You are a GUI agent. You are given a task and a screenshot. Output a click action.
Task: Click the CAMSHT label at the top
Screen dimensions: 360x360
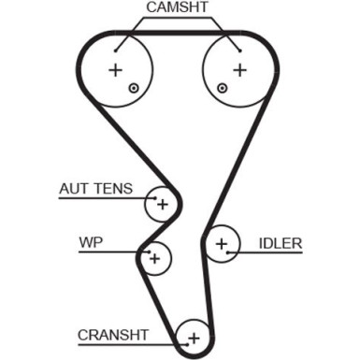click(178, 8)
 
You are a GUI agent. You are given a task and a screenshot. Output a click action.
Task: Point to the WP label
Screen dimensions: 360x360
click(90, 243)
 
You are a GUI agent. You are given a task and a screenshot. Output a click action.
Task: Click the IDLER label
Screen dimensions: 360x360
click(281, 244)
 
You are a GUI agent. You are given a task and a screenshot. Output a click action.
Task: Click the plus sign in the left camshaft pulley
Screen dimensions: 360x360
click(115, 70)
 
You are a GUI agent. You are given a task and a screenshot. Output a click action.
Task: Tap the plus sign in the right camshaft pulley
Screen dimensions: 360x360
click(239, 70)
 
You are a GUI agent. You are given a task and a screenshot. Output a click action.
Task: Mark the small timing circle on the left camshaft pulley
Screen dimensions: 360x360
click(134, 89)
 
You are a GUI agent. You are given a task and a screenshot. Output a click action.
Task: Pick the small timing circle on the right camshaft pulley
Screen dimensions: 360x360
click(222, 89)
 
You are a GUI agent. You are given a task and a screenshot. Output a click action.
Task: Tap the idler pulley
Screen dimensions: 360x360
click(223, 244)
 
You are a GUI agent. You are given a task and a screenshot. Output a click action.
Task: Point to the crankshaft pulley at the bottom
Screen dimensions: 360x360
click(194, 337)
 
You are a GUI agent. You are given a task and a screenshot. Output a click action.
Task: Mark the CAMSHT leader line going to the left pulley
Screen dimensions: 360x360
click(137, 32)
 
